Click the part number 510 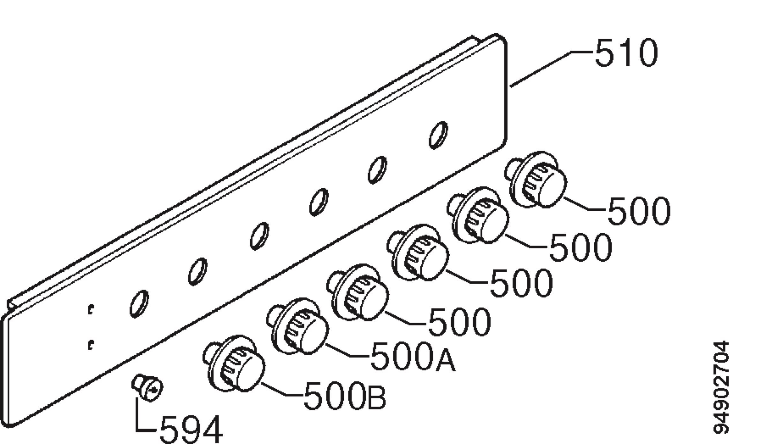pyautogui.click(x=626, y=53)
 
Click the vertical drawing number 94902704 pyautogui.click(x=721, y=387)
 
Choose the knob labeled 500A pyautogui.click(x=298, y=327)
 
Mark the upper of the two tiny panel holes pyautogui.click(x=91, y=309)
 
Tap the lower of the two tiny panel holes pyautogui.click(x=91, y=345)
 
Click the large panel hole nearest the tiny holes pyautogui.click(x=139, y=304)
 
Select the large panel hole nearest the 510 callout pyautogui.click(x=438, y=135)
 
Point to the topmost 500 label pyautogui.click(x=639, y=211)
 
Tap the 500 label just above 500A pyautogui.click(x=459, y=322)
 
